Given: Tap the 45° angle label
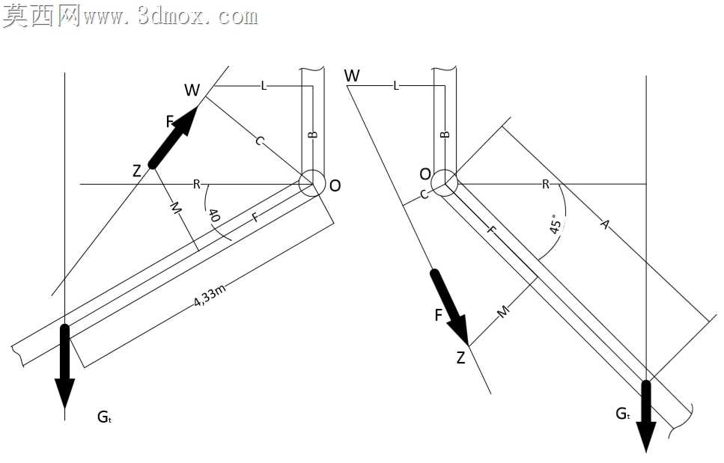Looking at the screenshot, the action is tap(556, 224).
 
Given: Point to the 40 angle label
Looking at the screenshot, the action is tap(213, 215).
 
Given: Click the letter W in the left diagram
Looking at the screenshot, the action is tap(192, 90).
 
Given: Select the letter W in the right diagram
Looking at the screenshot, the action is tap(352, 76).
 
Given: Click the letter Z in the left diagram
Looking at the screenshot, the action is tap(137, 171).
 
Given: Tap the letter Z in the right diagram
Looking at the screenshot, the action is tap(460, 358).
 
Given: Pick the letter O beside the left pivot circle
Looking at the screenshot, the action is tap(335, 185).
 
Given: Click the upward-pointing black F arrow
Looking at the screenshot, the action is tap(174, 136).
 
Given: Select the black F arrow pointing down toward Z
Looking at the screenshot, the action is tap(450, 307).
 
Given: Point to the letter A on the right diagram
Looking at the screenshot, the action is tap(606, 224).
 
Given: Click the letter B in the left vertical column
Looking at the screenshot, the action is tap(313, 135).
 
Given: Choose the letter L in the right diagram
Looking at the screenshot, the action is tap(396, 86).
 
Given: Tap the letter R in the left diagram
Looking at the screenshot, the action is tap(197, 185).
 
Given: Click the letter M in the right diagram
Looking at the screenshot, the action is tap(503, 312).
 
